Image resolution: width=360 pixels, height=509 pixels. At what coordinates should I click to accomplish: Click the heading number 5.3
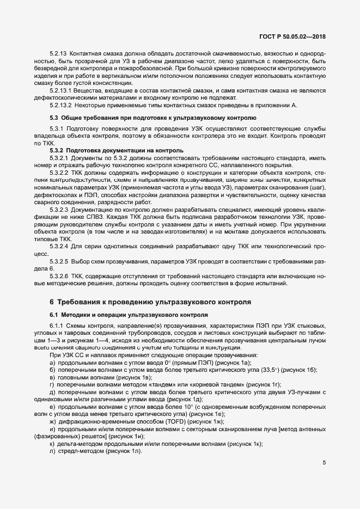pos(54,118)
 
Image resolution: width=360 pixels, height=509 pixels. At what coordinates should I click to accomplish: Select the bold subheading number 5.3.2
pos(57,150)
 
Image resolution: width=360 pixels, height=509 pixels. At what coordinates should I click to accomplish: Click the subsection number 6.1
pos(54,315)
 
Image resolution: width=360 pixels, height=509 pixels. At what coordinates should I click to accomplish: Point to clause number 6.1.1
pos(57,326)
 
